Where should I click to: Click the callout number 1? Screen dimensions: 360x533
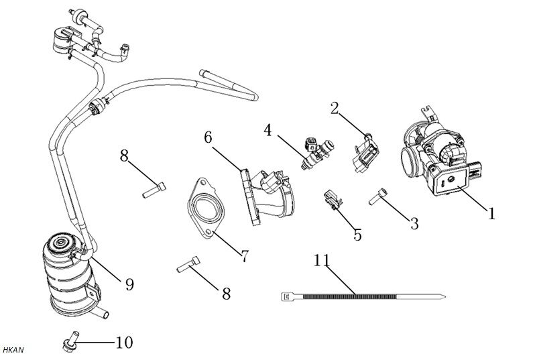pyautogui.click(x=491, y=213)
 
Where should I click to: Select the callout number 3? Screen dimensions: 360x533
pyautogui.click(x=414, y=223)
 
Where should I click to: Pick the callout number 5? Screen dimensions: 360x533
pyautogui.click(x=357, y=234)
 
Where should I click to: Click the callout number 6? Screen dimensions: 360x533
pyautogui.click(x=209, y=137)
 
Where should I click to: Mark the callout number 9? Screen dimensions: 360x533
pyautogui.click(x=129, y=284)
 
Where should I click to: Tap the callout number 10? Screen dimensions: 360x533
pyautogui.click(x=123, y=343)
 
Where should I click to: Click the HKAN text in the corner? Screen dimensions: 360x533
pyautogui.click(x=13, y=351)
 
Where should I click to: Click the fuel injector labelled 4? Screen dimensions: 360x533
pyautogui.click(x=319, y=153)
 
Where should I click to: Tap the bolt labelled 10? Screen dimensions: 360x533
pyautogui.click(x=68, y=343)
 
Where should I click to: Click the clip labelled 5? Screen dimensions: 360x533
pyautogui.click(x=331, y=199)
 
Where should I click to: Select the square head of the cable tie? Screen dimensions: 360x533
pyautogui.click(x=285, y=296)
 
